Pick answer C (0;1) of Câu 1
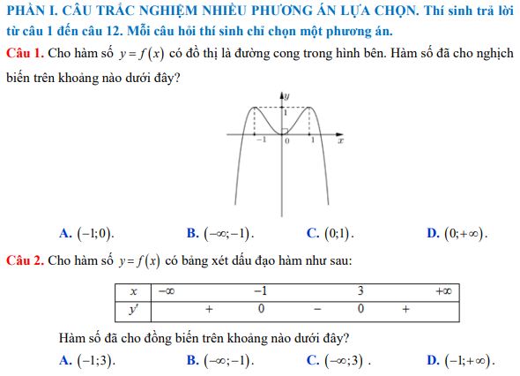(331, 233)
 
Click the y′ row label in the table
(133, 309)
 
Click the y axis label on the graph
(287, 94)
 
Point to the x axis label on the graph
(339, 140)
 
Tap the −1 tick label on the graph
(259, 140)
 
